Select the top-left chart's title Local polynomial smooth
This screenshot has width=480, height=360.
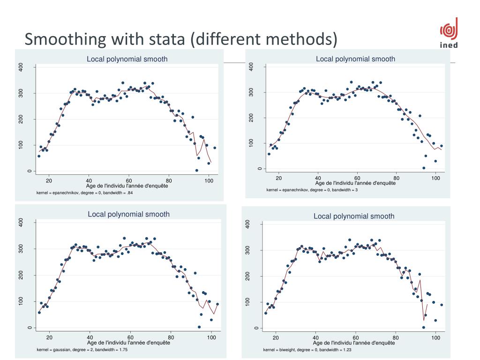(x=127, y=59)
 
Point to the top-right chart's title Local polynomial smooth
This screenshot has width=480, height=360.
(x=355, y=59)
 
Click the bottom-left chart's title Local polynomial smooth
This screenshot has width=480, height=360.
(x=129, y=214)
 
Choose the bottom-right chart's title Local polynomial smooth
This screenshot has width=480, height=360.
(x=354, y=216)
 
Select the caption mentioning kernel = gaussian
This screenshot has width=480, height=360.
(x=82, y=350)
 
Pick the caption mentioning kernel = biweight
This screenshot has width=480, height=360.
(x=307, y=350)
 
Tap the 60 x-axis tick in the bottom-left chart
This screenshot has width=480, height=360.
(x=130, y=337)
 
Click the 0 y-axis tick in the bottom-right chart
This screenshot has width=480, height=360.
(x=256, y=328)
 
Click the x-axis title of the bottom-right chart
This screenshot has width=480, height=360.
(x=354, y=343)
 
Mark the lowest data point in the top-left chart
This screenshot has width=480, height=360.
(x=197, y=170)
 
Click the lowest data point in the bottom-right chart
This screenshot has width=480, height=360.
(x=424, y=327)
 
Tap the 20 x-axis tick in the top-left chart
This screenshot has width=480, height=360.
(x=49, y=180)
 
